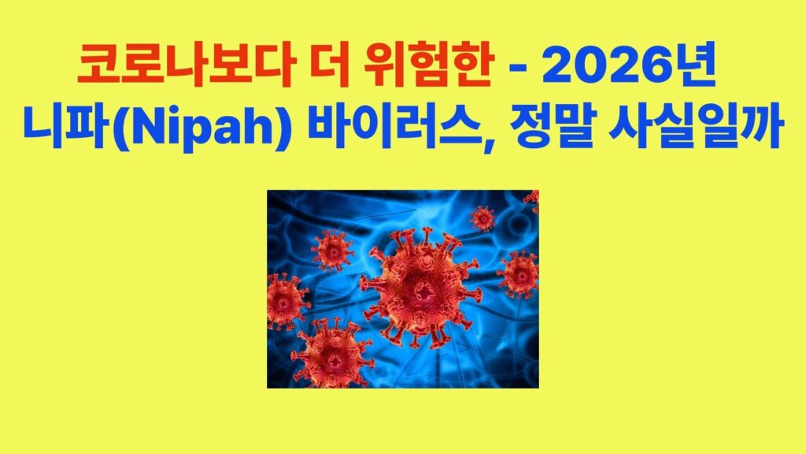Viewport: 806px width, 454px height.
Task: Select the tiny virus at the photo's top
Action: point(482,217)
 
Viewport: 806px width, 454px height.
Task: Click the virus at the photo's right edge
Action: point(519,274)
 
